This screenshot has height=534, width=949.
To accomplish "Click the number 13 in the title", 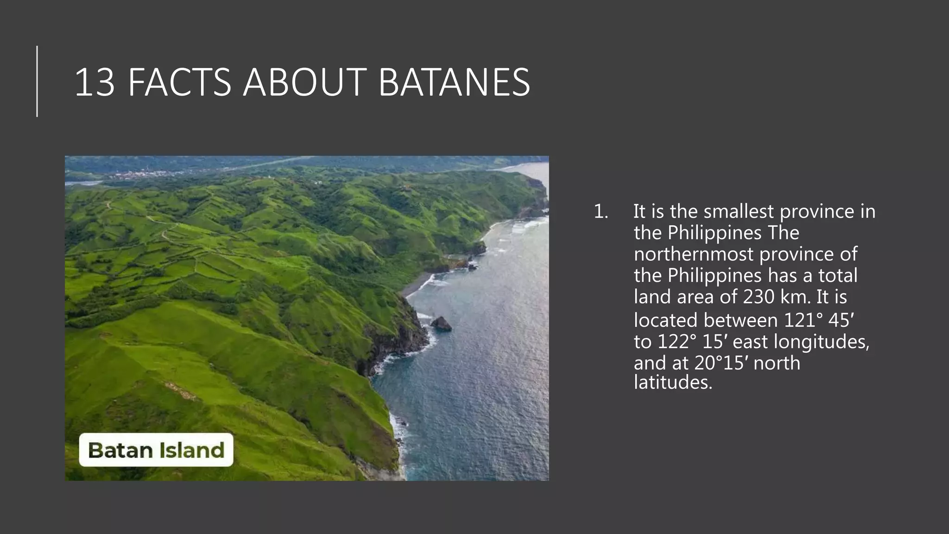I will click(95, 83).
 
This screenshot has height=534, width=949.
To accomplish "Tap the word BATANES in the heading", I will click(454, 83).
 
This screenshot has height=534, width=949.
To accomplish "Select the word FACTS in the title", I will click(179, 83).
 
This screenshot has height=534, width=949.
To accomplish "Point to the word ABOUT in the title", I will click(304, 83).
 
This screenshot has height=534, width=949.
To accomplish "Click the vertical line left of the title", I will click(37, 81).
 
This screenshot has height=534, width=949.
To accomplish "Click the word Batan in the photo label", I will click(120, 450).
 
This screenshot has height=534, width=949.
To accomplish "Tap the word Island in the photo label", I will click(191, 450).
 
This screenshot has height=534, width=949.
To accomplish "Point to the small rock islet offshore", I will click(441, 323).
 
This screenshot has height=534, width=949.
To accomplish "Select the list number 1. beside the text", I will click(601, 212).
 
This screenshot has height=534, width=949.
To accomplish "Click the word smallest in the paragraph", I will click(739, 212).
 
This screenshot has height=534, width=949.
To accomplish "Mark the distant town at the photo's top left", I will click(139, 175).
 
